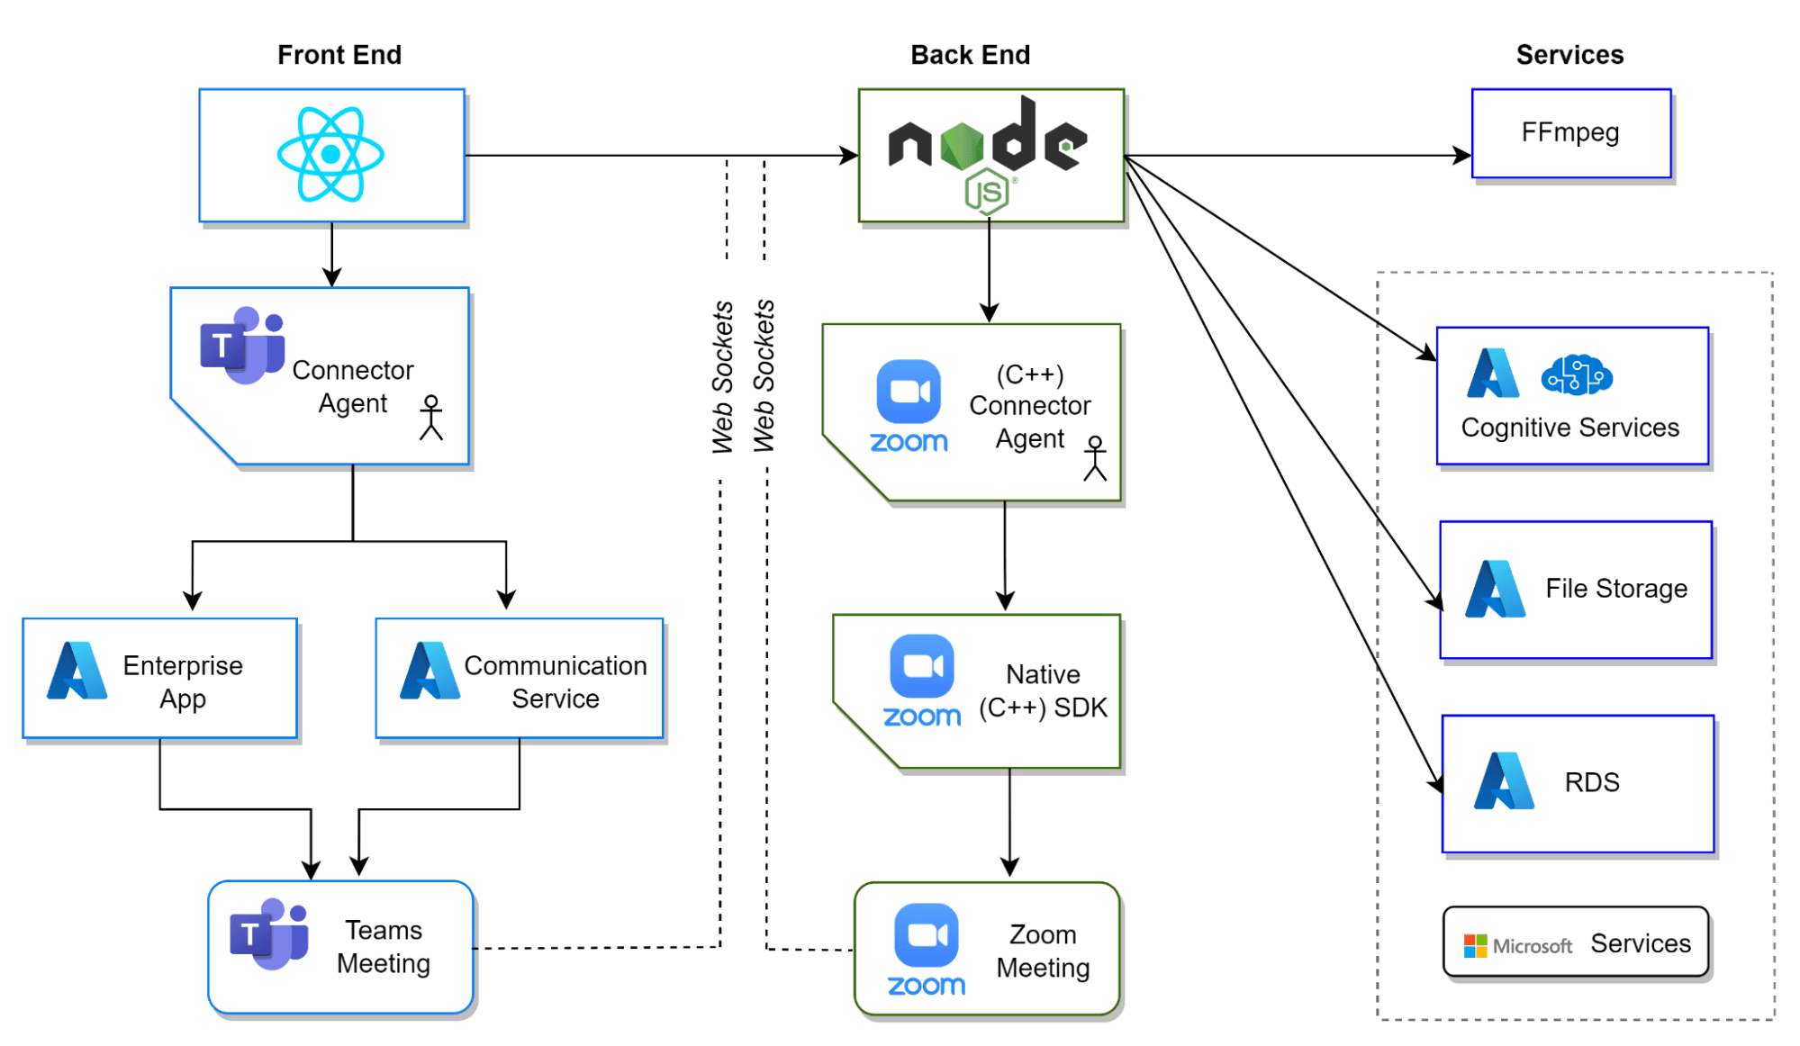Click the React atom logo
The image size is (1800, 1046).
330,154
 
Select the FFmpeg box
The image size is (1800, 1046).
1570,133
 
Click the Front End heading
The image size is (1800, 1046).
339,55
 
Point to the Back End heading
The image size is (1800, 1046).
970,55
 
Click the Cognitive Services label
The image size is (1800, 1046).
1569,428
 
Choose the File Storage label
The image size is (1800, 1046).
1616,589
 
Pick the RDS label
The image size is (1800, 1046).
1592,782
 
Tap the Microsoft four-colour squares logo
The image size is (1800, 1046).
1475,946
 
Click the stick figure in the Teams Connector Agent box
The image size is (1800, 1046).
431,418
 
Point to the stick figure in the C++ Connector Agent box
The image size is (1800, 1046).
1095,458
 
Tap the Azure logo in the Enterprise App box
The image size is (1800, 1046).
77,671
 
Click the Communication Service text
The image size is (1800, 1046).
556,681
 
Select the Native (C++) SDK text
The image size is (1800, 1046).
1043,691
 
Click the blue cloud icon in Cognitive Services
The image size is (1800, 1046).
1577,375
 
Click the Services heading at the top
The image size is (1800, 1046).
1569,55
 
